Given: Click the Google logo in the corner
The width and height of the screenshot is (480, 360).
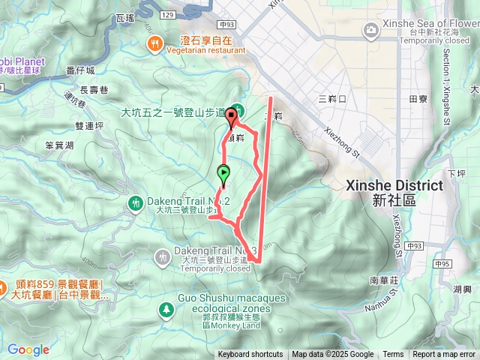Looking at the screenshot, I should (x=28, y=349).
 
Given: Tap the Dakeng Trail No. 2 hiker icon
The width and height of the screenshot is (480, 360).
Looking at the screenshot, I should (x=136, y=202).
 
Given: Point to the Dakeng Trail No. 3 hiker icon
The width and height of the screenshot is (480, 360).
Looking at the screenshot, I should (x=163, y=257).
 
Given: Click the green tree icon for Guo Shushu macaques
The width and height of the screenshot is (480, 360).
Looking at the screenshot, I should (x=165, y=309).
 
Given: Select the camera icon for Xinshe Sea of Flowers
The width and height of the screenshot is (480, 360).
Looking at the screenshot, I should (x=370, y=30).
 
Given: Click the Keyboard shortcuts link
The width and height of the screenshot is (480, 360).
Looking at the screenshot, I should (x=250, y=355).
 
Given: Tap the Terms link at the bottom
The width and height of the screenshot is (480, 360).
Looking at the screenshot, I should (x=393, y=355).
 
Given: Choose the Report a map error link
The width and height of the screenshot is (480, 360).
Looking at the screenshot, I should (x=444, y=355).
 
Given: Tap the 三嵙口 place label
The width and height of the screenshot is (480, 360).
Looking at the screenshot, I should (x=331, y=99).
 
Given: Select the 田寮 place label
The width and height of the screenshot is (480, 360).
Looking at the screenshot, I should (x=418, y=99).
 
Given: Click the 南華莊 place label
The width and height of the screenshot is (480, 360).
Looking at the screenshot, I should (x=382, y=279).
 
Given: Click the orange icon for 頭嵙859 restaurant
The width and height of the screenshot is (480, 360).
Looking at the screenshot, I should (x=3, y=286).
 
